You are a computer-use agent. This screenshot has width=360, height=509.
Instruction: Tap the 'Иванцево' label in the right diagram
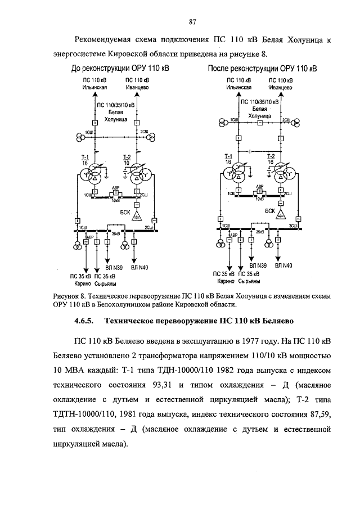tap(279, 88)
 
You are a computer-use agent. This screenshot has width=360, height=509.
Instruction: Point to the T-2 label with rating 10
tap(127, 160)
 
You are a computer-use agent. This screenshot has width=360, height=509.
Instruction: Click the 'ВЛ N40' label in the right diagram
tap(283, 264)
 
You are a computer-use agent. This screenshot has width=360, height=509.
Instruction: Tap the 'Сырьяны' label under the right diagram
tap(248, 280)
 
